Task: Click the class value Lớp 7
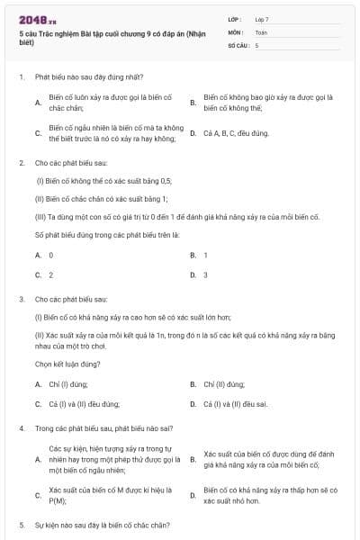[262, 19]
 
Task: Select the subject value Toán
[261, 31]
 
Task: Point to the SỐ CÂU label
[238, 44]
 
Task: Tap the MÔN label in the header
[236, 31]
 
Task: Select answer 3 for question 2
[205, 274]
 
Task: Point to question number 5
[21, 524]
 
